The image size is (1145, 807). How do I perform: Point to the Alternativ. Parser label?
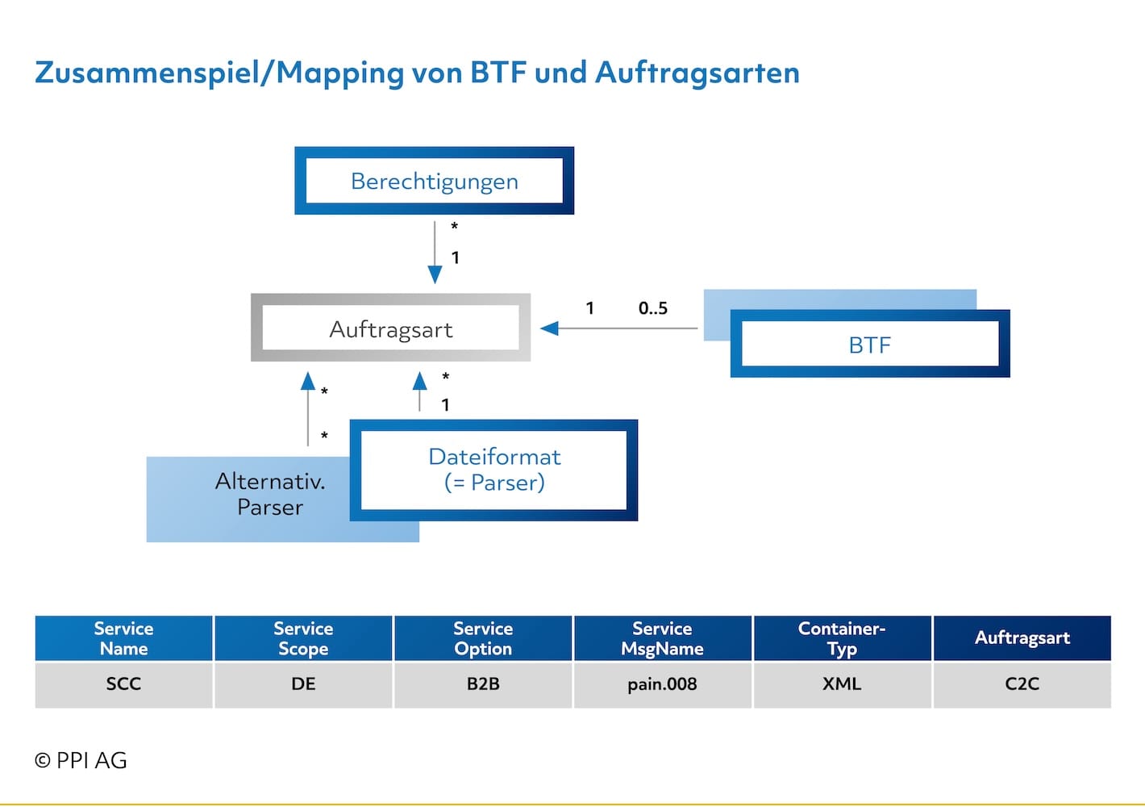tap(270, 495)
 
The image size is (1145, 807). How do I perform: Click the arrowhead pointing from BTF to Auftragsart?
tap(549, 328)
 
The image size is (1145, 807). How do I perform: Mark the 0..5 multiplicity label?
tap(653, 308)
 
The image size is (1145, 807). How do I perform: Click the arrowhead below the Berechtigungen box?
tap(435, 275)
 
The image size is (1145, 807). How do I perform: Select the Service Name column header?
tap(123, 638)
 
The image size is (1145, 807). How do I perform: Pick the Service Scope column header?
tap(303, 638)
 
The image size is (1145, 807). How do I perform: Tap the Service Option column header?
tap(483, 638)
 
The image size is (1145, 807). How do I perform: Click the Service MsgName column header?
tap(663, 638)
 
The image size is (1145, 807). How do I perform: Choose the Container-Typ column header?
tap(843, 638)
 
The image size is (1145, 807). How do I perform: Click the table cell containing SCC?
tap(123, 684)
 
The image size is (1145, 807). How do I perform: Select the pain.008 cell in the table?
tap(663, 684)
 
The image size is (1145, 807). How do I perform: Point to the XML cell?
tap(843, 684)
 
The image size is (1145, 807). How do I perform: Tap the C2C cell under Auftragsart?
tap(1022, 684)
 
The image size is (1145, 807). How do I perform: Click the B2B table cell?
tap(483, 684)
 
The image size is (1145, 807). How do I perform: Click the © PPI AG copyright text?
tap(81, 760)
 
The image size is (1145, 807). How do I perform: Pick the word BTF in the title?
tap(498, 72)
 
